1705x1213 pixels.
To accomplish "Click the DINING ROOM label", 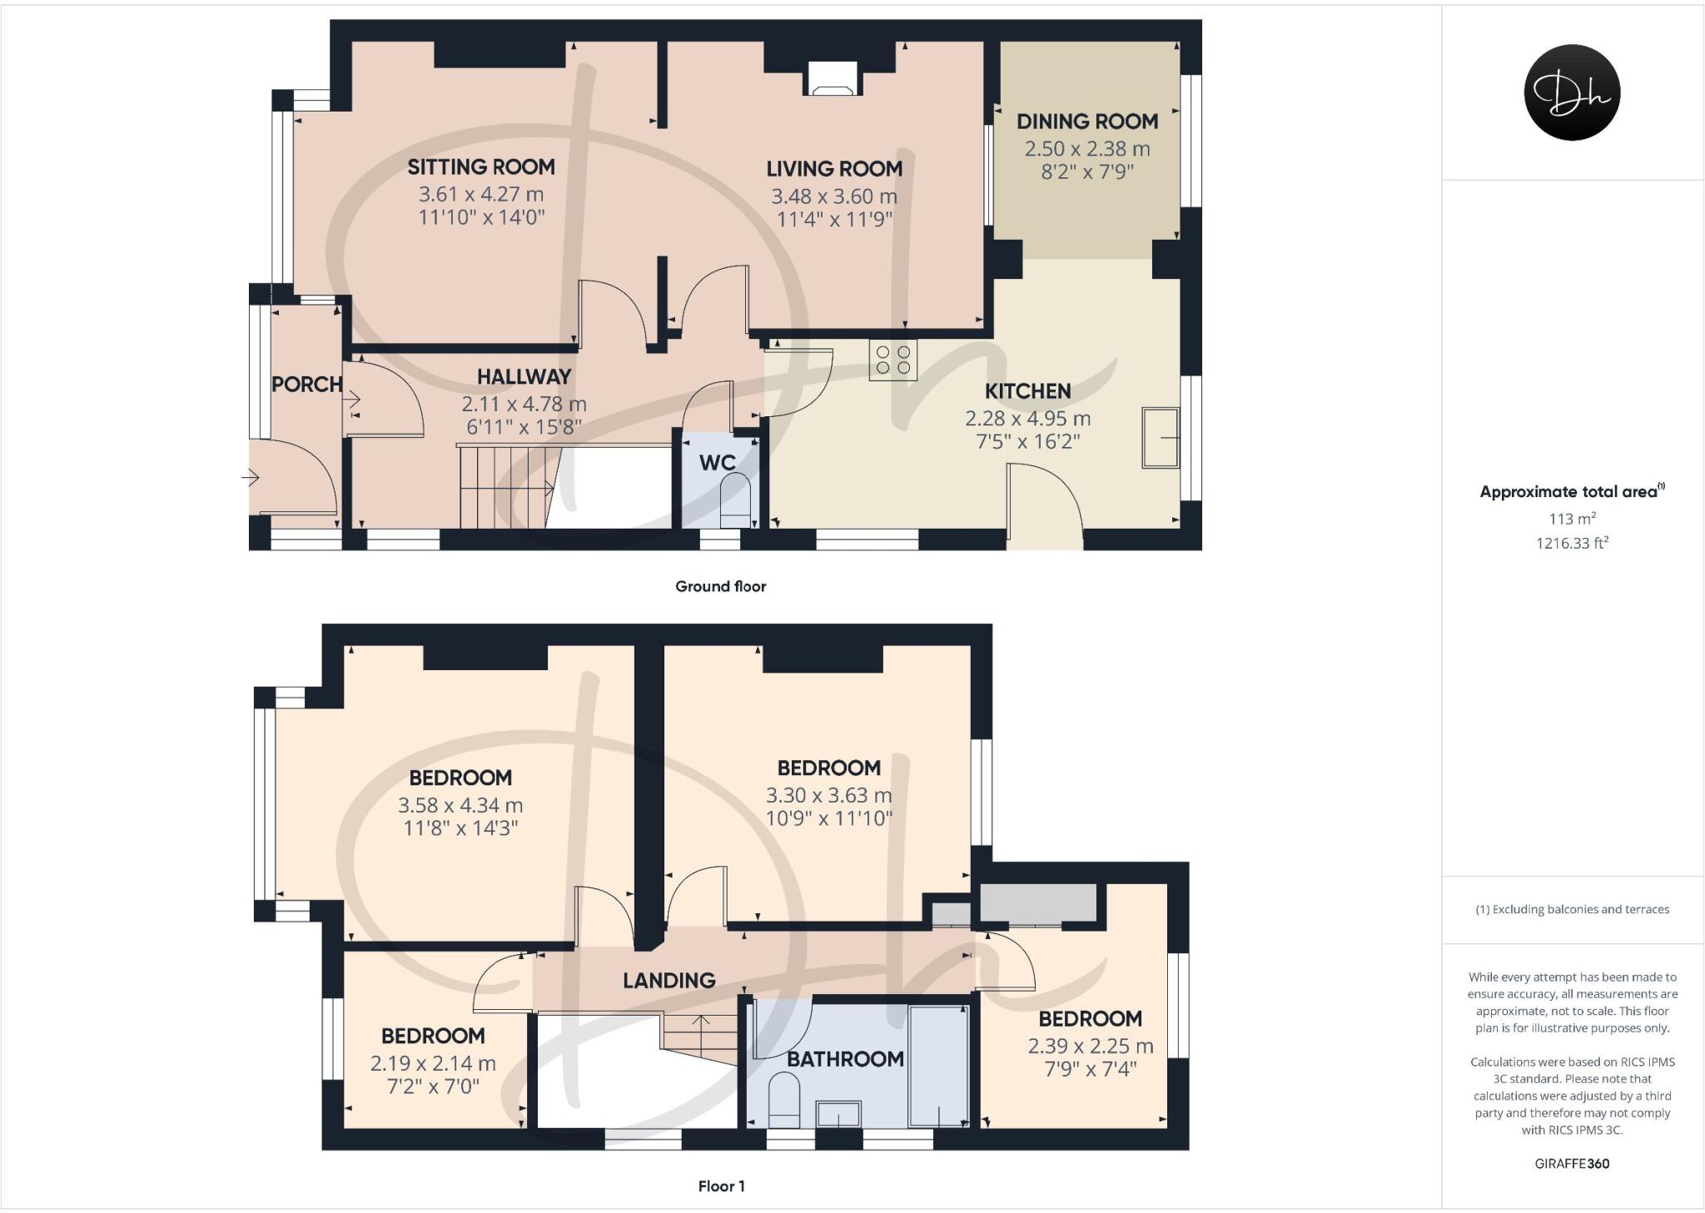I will click(x=1086, y=122).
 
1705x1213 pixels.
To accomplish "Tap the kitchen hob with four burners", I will click(x=892, y=360).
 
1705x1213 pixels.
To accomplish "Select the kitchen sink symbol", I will click(x=1161, y=437).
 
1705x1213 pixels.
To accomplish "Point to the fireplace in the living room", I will click(x=831, y=80).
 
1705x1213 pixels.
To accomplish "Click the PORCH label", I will click(x=306, y=385).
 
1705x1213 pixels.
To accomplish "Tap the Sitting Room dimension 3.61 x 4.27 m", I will click(x=480, y=195).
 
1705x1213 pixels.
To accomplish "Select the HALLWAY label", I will click(x=524, y=377).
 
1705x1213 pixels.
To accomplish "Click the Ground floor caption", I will click(x=720, y=586).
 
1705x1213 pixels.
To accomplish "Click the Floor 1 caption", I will click(x=721, y=1186).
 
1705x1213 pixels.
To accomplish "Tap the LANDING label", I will click(x=669, y=981).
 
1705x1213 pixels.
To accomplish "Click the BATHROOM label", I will click(x=845, y=1059).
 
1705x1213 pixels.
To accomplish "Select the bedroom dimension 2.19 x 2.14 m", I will click(x=433, y=1063).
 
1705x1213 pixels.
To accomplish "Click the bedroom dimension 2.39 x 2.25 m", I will click(x=1090, y=1046).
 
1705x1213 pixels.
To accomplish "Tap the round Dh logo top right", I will click(x=1571, y=92).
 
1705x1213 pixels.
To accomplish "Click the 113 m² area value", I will click(x=1572, y=519).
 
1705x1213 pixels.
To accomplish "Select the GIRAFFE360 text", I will click(x=1572, y=1164).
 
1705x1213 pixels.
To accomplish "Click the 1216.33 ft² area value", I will click(x=1572, y=544).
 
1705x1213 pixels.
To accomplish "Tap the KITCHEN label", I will click(x=1027, y=391).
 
